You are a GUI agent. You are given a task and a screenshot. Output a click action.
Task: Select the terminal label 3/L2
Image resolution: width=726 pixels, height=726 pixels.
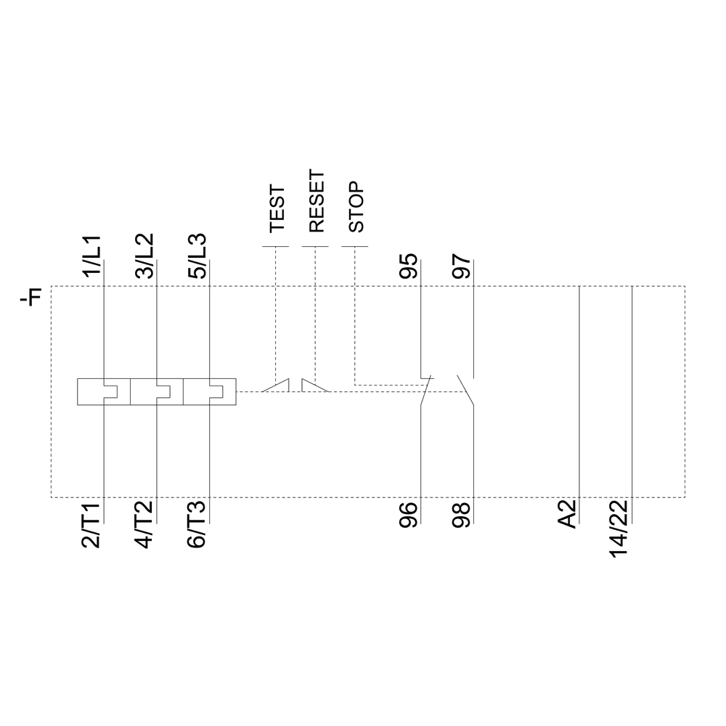coord(144,256)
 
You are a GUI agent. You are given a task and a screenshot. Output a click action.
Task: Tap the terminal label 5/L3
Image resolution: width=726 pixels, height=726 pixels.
coord(197,256)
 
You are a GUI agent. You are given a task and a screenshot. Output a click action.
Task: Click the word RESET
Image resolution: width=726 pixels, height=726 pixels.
coord(316,202)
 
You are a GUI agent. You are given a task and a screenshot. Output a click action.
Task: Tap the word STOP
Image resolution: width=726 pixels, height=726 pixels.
coord(356,207)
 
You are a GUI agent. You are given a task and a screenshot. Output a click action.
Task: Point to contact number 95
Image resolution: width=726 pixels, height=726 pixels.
coord(409,266)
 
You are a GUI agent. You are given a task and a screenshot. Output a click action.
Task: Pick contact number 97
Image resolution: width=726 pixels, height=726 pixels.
coord(461,266)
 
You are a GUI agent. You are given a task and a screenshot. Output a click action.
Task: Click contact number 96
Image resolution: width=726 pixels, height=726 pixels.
coord(409,513)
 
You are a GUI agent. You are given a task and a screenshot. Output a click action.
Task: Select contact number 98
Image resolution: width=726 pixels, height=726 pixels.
coord(461,513)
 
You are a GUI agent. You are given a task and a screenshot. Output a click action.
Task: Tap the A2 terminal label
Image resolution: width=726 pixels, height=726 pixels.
coord(567,513)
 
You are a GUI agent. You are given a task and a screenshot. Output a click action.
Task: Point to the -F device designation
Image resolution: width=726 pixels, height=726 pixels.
coord(32,297)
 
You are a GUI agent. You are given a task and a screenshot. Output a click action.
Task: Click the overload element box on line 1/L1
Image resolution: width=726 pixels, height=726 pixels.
coord(104,391)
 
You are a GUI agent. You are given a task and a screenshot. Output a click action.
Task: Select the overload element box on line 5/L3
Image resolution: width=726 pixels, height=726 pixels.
coord(210,391)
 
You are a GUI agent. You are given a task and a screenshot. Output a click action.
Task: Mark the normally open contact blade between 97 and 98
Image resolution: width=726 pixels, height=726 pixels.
coord(465,390)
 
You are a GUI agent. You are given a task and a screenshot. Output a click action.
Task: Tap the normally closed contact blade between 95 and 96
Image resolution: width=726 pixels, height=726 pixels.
coord(427,390)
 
